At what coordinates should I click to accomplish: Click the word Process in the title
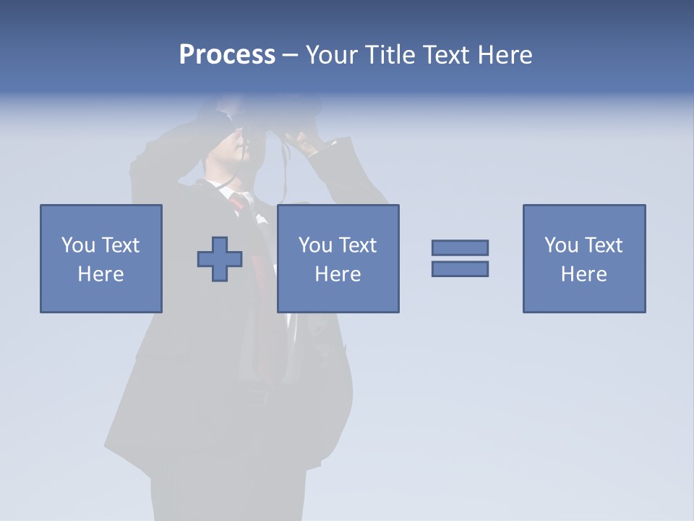227,55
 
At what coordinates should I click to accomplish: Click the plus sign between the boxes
220,259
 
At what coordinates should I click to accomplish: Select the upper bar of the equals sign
460,247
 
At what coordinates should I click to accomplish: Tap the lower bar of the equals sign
460,268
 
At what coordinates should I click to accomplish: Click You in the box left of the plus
78,245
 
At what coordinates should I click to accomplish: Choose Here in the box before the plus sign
101,274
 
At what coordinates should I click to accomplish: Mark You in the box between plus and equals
315,245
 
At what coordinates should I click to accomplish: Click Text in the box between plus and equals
357,245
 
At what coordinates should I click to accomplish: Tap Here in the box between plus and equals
338,274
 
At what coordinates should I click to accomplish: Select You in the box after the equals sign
561,245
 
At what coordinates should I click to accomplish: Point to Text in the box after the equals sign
603,245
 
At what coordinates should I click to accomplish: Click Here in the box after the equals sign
584,274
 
